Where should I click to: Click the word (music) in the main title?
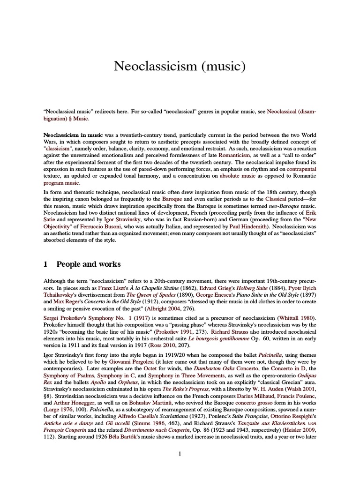[x=222, y=67]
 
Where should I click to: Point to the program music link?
[x=58, y=182]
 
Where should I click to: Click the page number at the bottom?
[x=180, y=467]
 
